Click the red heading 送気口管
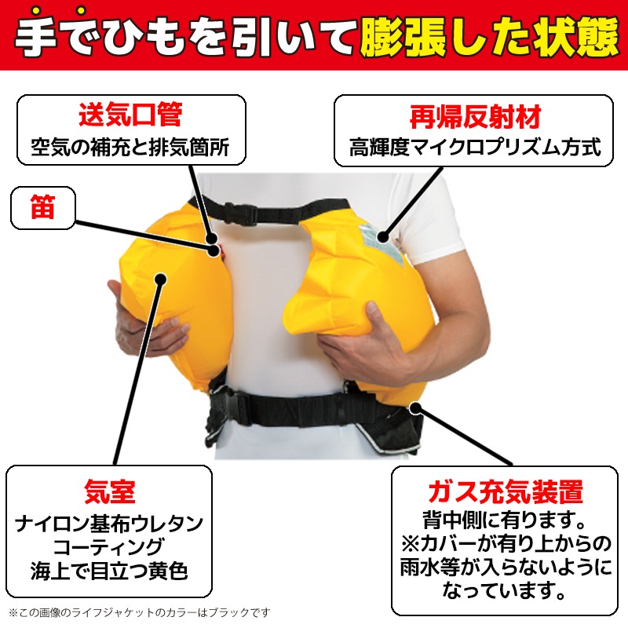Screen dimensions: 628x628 click(130, 115)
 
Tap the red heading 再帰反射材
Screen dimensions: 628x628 click(475, 117)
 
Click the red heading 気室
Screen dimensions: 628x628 click(109, 492)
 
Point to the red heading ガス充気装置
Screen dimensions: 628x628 click(506, 492)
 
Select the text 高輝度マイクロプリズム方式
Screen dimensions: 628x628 click(475, 147)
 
